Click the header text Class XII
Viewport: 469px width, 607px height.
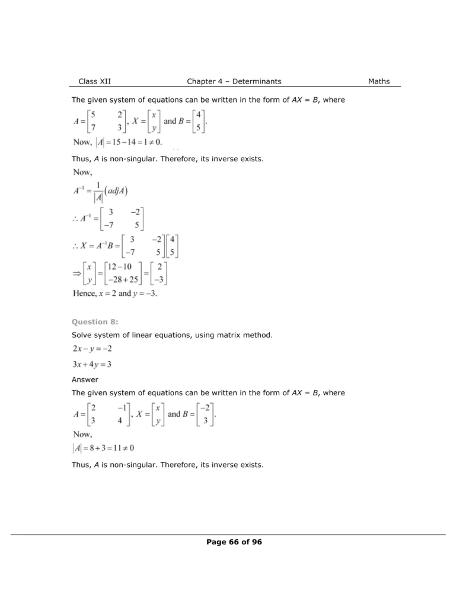click(x=94, y=81)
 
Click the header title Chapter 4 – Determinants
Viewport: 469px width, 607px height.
click(x=234, y=81)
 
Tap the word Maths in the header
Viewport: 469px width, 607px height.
click(x=379, y=81)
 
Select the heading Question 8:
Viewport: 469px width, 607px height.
click(x=95, y=322)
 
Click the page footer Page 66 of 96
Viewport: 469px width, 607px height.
click(x=234, y=542)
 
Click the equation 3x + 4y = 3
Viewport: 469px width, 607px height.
click(x=92, y=364)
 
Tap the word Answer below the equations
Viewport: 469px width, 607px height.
click(x=85, y=379)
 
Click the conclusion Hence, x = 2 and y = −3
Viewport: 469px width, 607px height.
click(x=115, y=293)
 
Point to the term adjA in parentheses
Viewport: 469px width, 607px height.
click(x=119, y=190)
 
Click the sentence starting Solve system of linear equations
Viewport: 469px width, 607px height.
click(x=172, y=336)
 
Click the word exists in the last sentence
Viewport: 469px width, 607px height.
click(x=251, y=465)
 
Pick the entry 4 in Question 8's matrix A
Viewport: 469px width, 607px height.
click(x=120, y=421)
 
